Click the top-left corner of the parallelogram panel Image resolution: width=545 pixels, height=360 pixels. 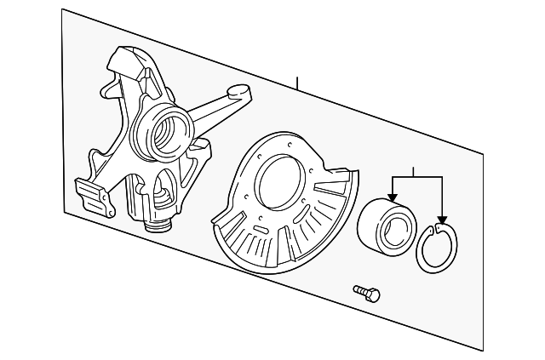61,9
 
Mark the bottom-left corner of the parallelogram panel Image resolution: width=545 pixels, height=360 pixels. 63,209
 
